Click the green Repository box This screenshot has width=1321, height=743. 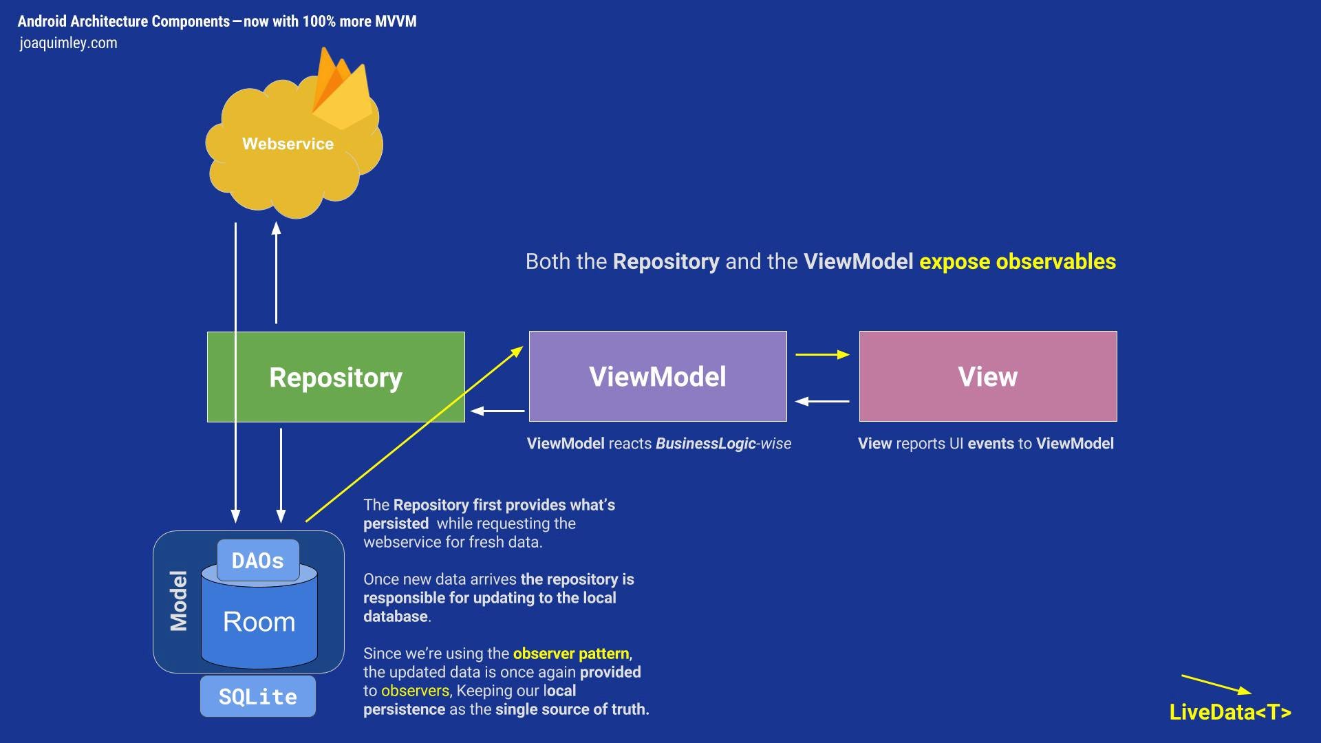336,377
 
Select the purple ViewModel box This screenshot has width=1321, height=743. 657,376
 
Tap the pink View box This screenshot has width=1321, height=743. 987,376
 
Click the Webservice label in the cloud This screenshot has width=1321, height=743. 288,144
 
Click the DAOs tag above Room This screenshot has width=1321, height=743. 258,561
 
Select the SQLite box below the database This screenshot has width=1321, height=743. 258,696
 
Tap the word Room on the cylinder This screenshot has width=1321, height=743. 259,621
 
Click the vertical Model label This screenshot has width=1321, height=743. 179,601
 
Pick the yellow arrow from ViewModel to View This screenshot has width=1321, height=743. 822,354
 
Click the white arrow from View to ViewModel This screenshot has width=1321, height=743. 822,400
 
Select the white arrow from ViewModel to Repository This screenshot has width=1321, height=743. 497,411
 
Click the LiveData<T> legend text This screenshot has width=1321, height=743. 1229,712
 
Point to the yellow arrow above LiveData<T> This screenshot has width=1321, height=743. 1216,685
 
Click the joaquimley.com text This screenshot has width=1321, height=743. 68,43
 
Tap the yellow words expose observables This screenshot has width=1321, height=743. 1017,261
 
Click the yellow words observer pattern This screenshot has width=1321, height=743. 570,654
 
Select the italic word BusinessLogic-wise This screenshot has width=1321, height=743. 723,444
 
